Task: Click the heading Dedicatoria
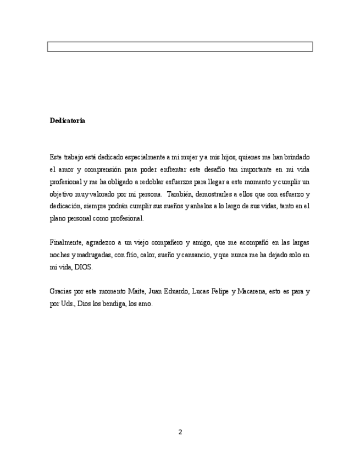[67, 120]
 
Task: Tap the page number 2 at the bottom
[180, 432]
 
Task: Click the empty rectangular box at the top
[180, 47]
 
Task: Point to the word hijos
[225, 157]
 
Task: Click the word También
[182, 194]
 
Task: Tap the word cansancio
[198, 254]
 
